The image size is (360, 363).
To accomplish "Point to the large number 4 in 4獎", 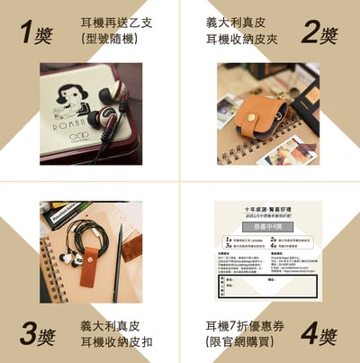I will coord(308,334).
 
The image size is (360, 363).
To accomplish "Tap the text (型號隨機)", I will coord(112,41).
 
